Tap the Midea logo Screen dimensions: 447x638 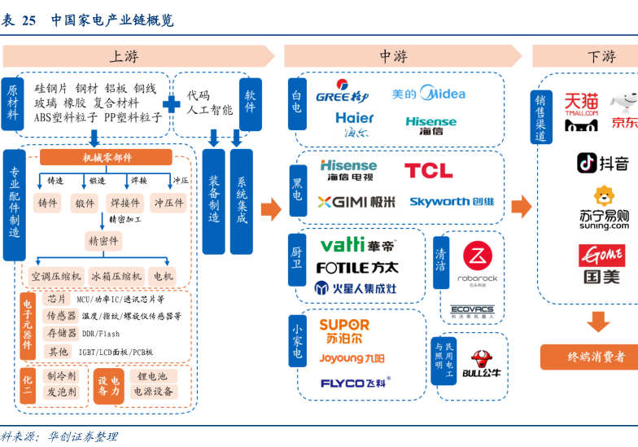click(428, 94)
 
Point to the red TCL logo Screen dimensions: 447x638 click(428, 170)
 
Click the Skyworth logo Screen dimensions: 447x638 click(452, 201)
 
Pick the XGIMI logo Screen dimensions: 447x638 click(356, 201)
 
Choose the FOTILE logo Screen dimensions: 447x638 click(356, 267)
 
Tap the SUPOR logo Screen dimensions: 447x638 click(343, 331)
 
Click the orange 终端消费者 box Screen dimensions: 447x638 click(596, 357)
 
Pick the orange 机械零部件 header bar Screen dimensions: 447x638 click(107, 157)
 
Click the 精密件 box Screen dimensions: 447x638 click(103, 241)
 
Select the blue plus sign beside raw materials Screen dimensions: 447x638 click(172, 105)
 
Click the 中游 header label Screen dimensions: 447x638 click(393, 56)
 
